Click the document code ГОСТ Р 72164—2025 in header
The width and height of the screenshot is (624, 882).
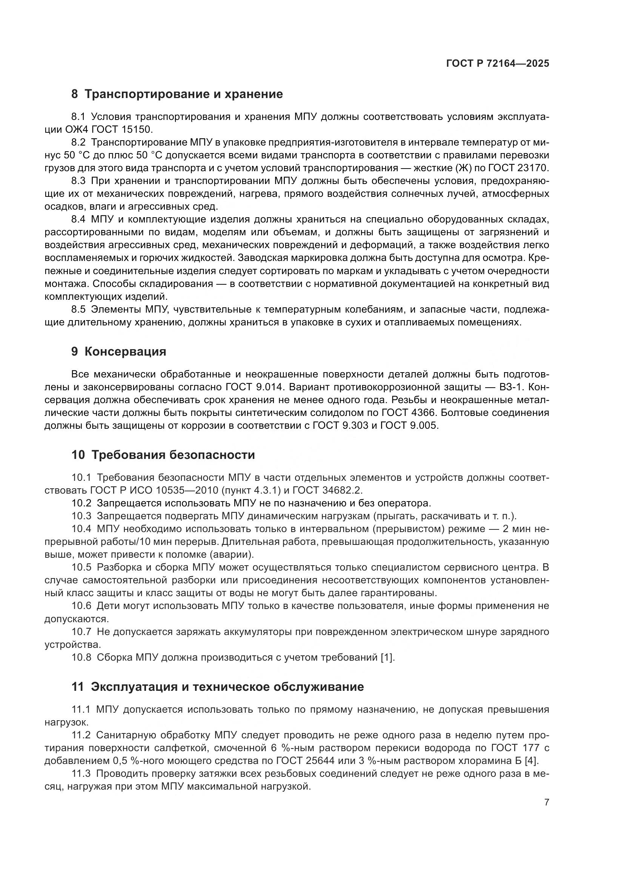click(498, 64)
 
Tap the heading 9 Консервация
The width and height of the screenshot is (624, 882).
click(119, 351)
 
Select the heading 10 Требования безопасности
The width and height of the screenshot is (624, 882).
click(163, 455)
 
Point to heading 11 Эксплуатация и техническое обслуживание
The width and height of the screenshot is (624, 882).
click(217, 686)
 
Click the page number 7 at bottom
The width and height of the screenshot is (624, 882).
click(546, 802)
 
